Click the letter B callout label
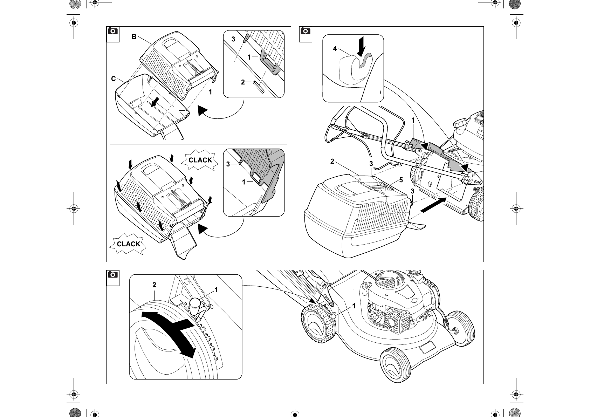click(x=134, y=36)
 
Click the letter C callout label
click(x=114, y=79)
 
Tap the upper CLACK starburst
click(x=200, y=160)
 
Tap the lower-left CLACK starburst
click(x=129, y=244)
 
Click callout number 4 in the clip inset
click(x=335, y=49)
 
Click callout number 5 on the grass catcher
click(x=401, y=180)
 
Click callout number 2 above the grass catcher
click(x=332, y=162)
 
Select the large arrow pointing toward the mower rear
click(x=433, y=205)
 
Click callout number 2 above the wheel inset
click(x=154, y=285)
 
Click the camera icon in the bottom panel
click(x=113, y=275)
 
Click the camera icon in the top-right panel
click(x=306, y=31)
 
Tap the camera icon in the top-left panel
click(x=113, y=31)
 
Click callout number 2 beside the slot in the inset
click(x=243, y=82)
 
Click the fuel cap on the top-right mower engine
click(x=460, y=123)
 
